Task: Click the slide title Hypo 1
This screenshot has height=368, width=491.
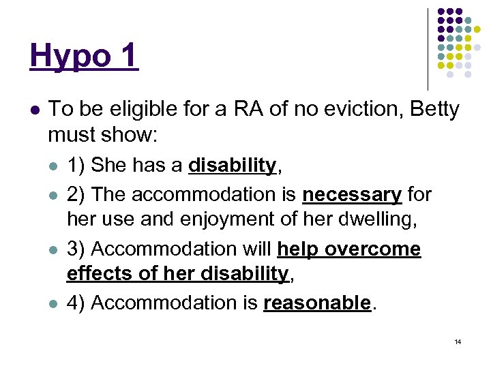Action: click(84, 55)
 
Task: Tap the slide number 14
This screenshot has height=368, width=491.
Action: click(458, 341)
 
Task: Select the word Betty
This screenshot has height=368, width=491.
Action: click(434, 109)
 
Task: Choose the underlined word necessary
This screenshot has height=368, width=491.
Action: click(352, 195)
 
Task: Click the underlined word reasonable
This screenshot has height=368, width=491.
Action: click(318, 303)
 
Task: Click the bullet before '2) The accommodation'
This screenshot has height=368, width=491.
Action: click(54, 196)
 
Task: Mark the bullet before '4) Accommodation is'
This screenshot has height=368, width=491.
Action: click(54, 303)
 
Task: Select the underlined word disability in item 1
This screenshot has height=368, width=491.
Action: click(232, 166)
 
